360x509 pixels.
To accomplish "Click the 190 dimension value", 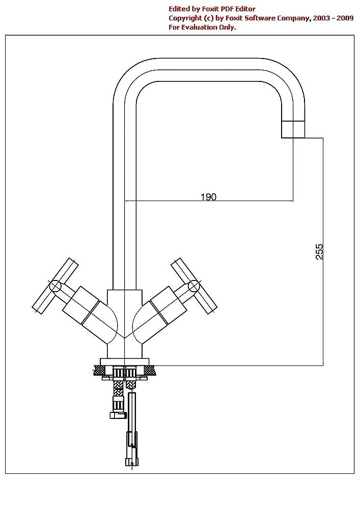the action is pos(208,196).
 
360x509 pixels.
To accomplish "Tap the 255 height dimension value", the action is pos(319,251).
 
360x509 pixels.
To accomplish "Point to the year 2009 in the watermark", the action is pos(345,18).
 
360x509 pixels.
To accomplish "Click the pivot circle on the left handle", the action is pos(55,286).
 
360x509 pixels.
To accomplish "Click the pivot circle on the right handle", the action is pos(194,286).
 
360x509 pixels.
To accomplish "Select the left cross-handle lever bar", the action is pos(55,286).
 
